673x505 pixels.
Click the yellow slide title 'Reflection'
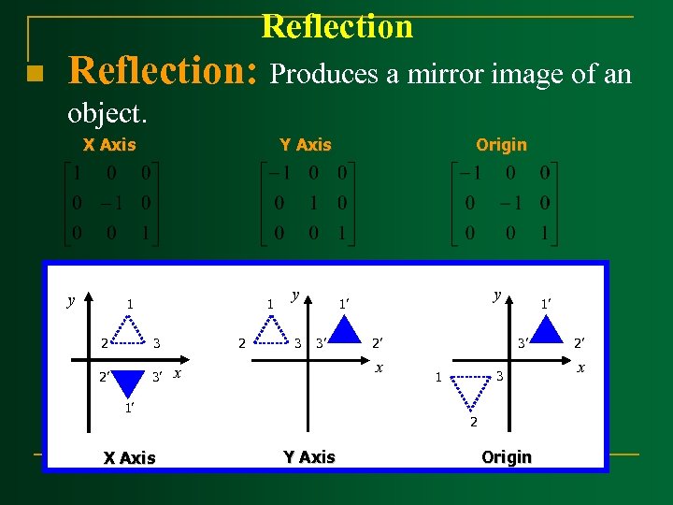click(336, 26)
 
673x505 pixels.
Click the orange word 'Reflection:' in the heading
click(164, 70)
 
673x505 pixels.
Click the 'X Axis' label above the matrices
click(109, 144)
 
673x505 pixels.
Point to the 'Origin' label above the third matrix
click(501, 144)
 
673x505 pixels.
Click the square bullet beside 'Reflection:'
click(33, 74)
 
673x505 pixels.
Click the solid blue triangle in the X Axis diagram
click(130, 384)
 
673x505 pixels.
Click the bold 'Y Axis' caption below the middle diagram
click(309, 456)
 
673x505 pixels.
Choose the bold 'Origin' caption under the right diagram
click(506, 456)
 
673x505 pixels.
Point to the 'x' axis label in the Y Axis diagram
click(379, 368)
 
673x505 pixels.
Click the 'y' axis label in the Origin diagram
click(498, 295)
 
